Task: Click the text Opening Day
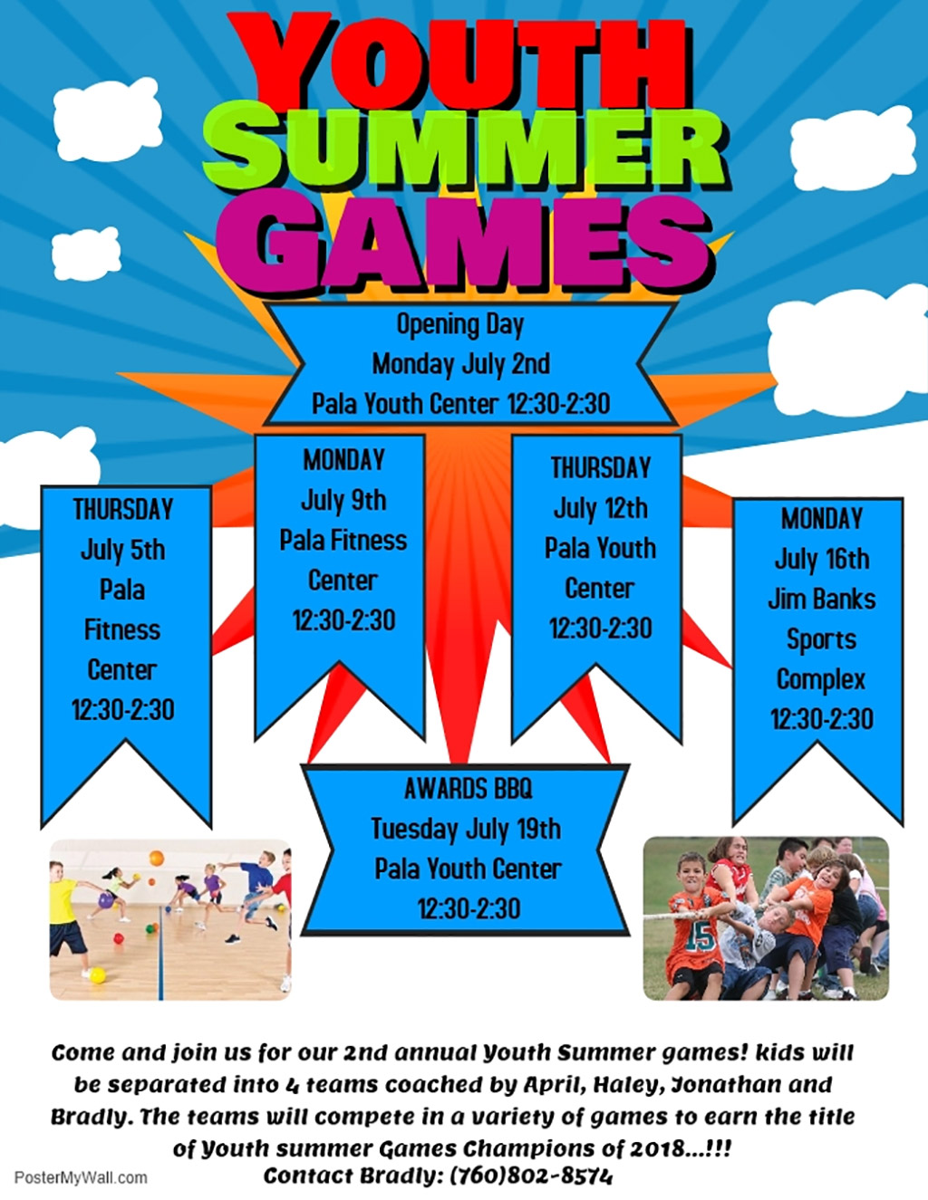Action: pos(460,325)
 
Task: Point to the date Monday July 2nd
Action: pos(460,364)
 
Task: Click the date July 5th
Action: pos(123,551)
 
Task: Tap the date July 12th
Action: pos(601,509)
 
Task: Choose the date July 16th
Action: pos(822,560)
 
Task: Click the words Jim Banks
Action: pos(822,600)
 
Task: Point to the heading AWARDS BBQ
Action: pos(469,789)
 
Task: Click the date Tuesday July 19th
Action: pos(466,830)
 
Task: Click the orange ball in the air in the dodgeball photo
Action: pos(156,859)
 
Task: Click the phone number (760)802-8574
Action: pos(531,1176)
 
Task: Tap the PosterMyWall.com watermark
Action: pos(81,1178)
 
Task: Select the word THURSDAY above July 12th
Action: pos(601,468)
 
